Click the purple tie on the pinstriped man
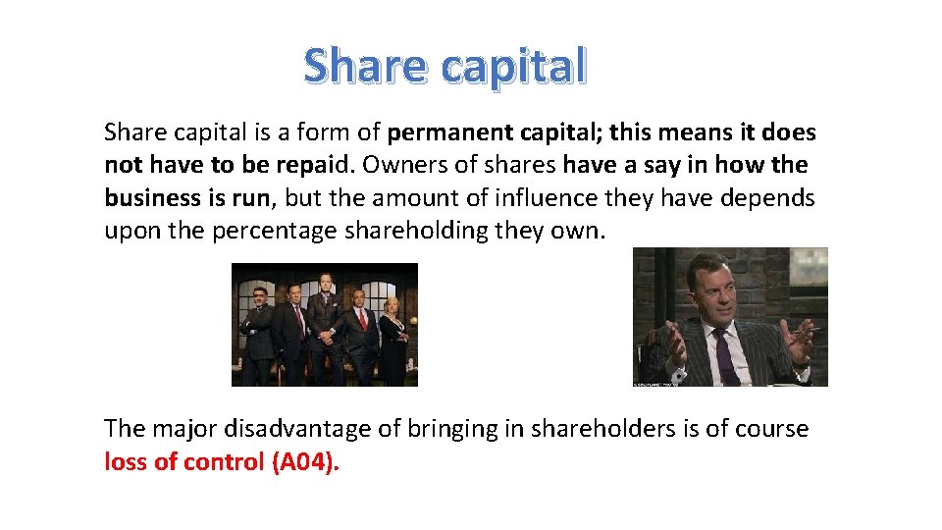point(723,353)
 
